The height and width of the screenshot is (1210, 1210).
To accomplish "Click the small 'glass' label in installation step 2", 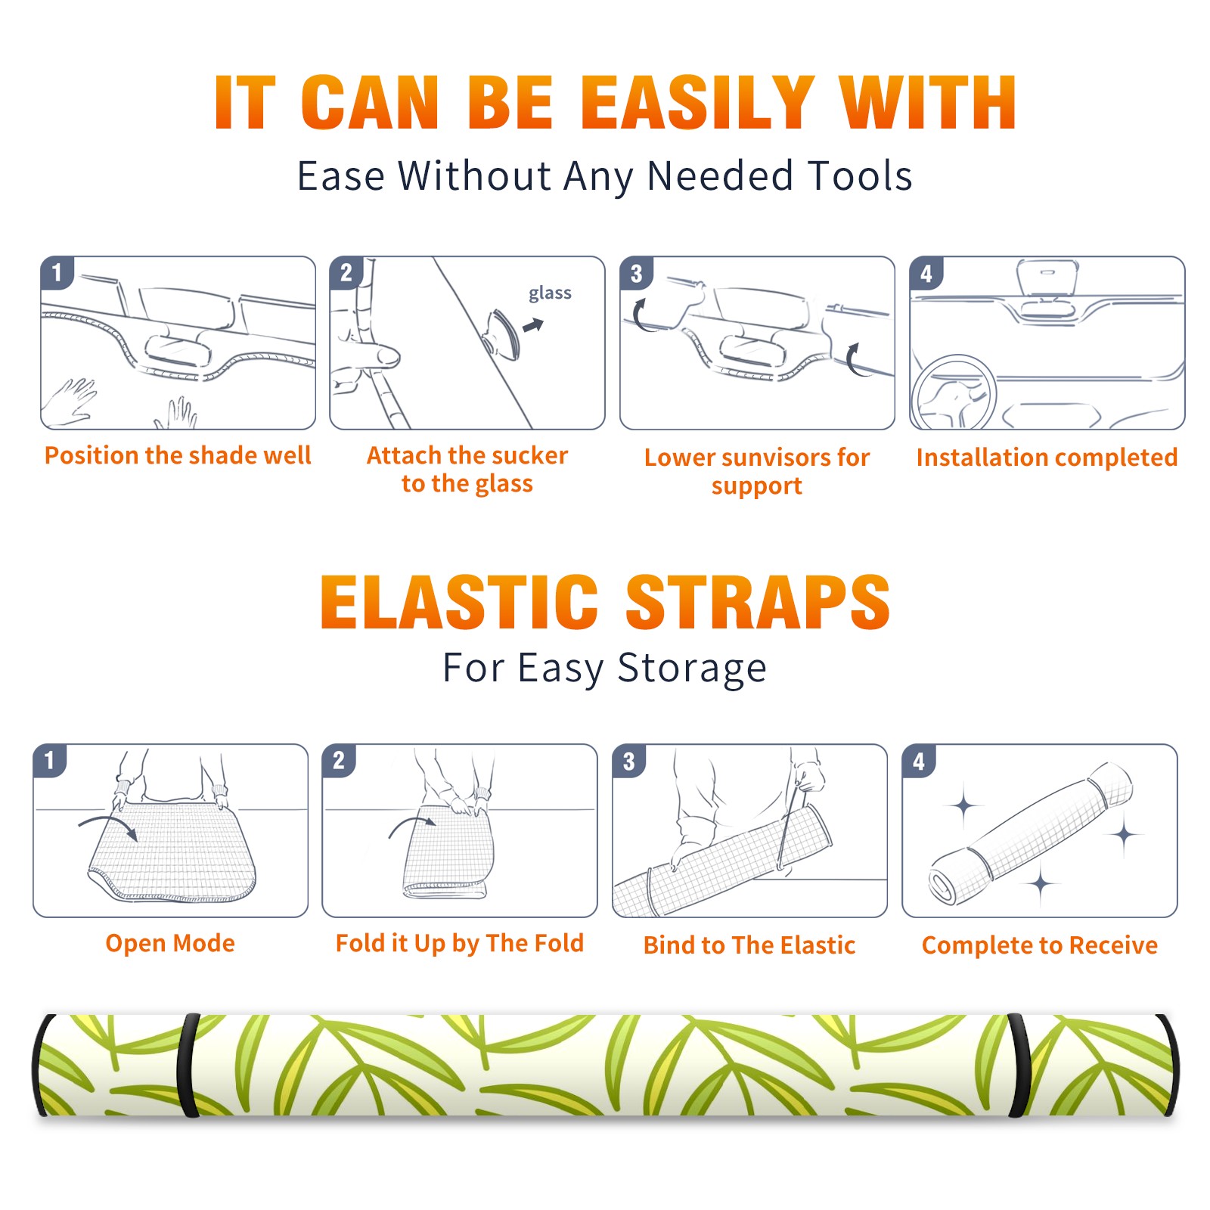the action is [x=550, y=293].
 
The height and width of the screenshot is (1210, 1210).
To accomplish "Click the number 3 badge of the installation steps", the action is [x=637, y=273].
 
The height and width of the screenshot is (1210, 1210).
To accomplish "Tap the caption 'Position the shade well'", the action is [x=178, y=455].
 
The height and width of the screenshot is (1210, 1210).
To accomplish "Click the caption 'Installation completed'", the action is [x=1047, y=457].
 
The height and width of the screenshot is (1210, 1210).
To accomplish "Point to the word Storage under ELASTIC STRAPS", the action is [x=692, y=669].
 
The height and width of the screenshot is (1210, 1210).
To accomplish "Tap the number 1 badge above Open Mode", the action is [x=50, y=761].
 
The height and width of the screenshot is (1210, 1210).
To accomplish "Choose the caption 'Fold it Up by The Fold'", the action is [x=460, y=943].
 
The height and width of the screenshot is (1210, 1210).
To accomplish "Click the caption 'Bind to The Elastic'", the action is [x=749, y=945].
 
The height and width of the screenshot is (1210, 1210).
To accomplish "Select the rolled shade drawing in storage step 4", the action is [x=1031, y=833].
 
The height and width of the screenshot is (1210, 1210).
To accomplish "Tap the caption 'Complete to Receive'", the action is [x=1040, y=945].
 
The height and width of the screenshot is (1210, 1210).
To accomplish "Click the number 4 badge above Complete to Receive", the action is [x=919, y=761].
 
